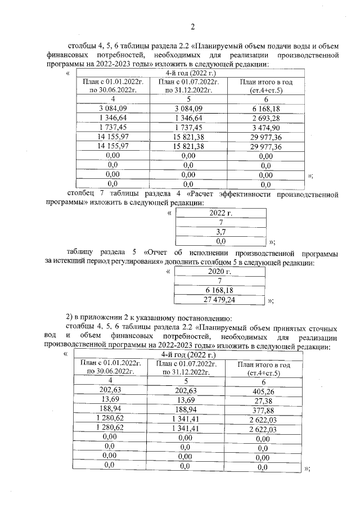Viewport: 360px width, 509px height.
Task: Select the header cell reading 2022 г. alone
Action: [220, 213]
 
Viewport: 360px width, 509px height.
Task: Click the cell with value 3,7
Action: [220, 231]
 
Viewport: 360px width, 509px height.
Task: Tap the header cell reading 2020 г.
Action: [219, 271]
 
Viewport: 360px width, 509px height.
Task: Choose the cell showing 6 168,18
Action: [219, 290]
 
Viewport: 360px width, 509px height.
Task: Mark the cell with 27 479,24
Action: [219, 300]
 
